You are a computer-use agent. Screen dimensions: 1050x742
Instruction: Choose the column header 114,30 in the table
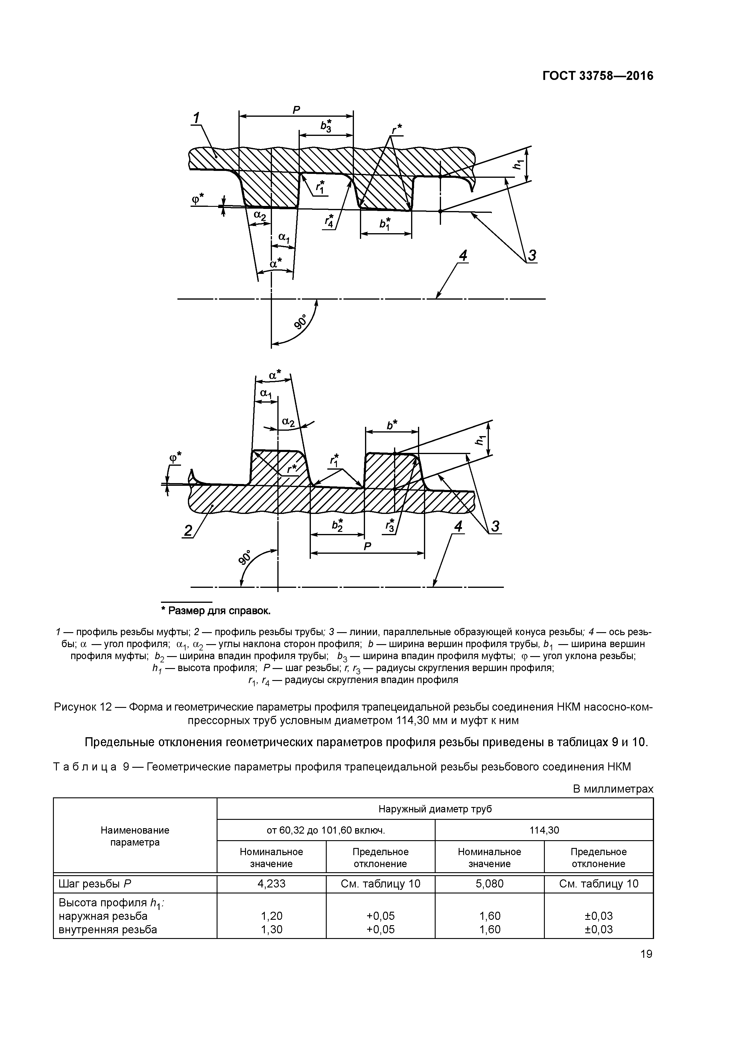pyautogui.click(x=544, y=830)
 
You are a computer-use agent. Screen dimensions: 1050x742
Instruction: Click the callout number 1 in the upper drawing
pyautogui.click(x=196, y=118)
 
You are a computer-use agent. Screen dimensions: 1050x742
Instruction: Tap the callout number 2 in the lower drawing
pyautogui.click(x=188, y=530)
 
